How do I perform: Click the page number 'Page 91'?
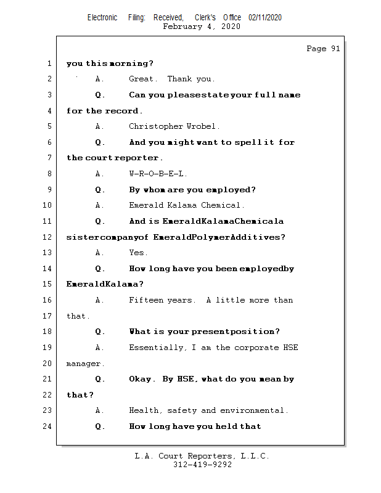tap(323, 49)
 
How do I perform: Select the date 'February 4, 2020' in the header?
tap(202, 26)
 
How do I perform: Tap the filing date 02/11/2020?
tap(265, 18)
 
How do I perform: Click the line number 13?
tap(48, 253)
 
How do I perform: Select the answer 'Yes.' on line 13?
tap(138, 253)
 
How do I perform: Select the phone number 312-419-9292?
tap(202, 465)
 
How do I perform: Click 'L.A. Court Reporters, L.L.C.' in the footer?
tap(202, 457)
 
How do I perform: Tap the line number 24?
tap(48, 426)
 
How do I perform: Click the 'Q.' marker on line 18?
tap(100, 332)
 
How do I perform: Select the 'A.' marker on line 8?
tap(100, 174)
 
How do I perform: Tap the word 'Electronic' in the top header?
tap(102, 18)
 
